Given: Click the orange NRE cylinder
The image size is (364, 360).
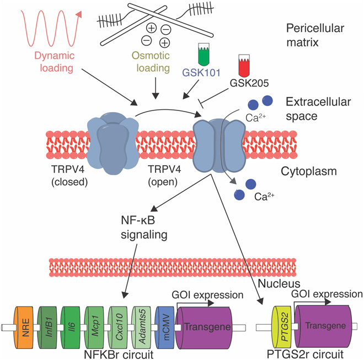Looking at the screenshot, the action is pos(24,327).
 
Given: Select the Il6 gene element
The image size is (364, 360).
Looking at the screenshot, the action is pos(71,327).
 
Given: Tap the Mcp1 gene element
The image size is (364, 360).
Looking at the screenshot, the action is pos(94,327).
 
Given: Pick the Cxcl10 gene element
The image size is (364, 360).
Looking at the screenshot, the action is pos(117,327).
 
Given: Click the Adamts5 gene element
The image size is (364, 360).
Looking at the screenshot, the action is pos(141,327).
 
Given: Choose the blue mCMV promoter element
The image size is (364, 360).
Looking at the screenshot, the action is pos(164,327).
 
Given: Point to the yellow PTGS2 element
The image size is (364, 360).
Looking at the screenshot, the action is pos(282,327).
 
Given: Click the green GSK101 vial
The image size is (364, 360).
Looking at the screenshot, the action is pos(204,54).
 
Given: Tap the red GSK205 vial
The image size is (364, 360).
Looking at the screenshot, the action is pos(244,66).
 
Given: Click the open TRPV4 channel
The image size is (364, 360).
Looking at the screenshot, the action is pos(219,146).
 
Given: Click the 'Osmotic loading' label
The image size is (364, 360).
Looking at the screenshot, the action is pos(152,62).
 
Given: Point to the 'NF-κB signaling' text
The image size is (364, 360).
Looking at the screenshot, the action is pos(144,227).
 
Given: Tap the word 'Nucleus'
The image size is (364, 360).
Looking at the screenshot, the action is pos(279,284).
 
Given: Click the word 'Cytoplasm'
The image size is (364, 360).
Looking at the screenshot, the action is pos(309,172).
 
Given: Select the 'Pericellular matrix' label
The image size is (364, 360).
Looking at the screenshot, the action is pos(315,35).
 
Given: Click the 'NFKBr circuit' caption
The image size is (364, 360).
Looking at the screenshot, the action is pos(119,354).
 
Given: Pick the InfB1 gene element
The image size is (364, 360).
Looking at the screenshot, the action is pos(47,327).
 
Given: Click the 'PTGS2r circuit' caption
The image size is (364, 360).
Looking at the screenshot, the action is pos(306,354).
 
